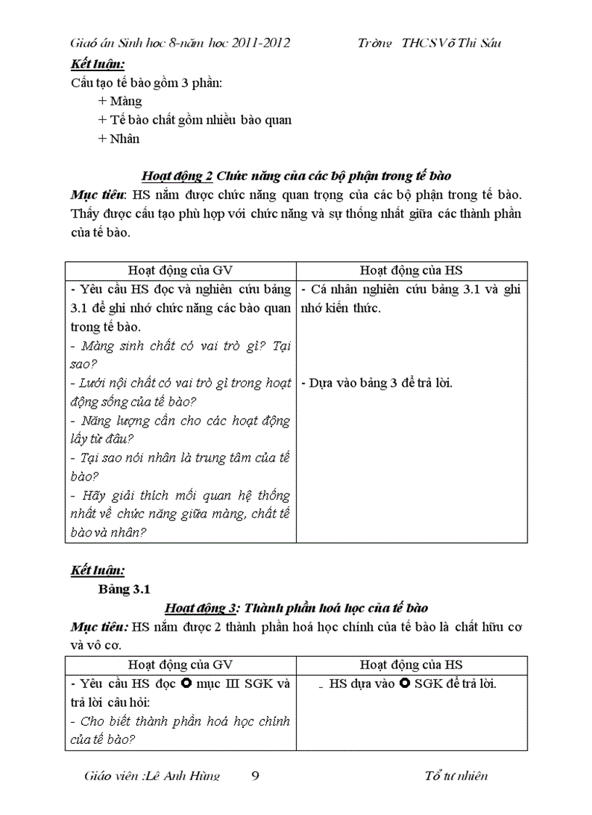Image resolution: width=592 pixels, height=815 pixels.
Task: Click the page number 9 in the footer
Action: (255, 776)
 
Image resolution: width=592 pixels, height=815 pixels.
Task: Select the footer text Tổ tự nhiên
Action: (456, 776)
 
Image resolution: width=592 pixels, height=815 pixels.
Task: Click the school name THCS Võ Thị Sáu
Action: (450, 43)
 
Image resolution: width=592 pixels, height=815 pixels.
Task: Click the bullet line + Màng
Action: (120, 101)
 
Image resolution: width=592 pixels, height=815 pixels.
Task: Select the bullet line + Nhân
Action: (118, 139)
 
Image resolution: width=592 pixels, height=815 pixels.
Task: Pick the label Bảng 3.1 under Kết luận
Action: (123, 589)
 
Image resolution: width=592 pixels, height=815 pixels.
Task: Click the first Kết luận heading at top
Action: (97, 63)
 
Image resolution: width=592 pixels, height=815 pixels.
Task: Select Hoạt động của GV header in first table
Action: (180, 271)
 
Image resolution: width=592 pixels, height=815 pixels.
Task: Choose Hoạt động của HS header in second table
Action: (411, 665)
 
